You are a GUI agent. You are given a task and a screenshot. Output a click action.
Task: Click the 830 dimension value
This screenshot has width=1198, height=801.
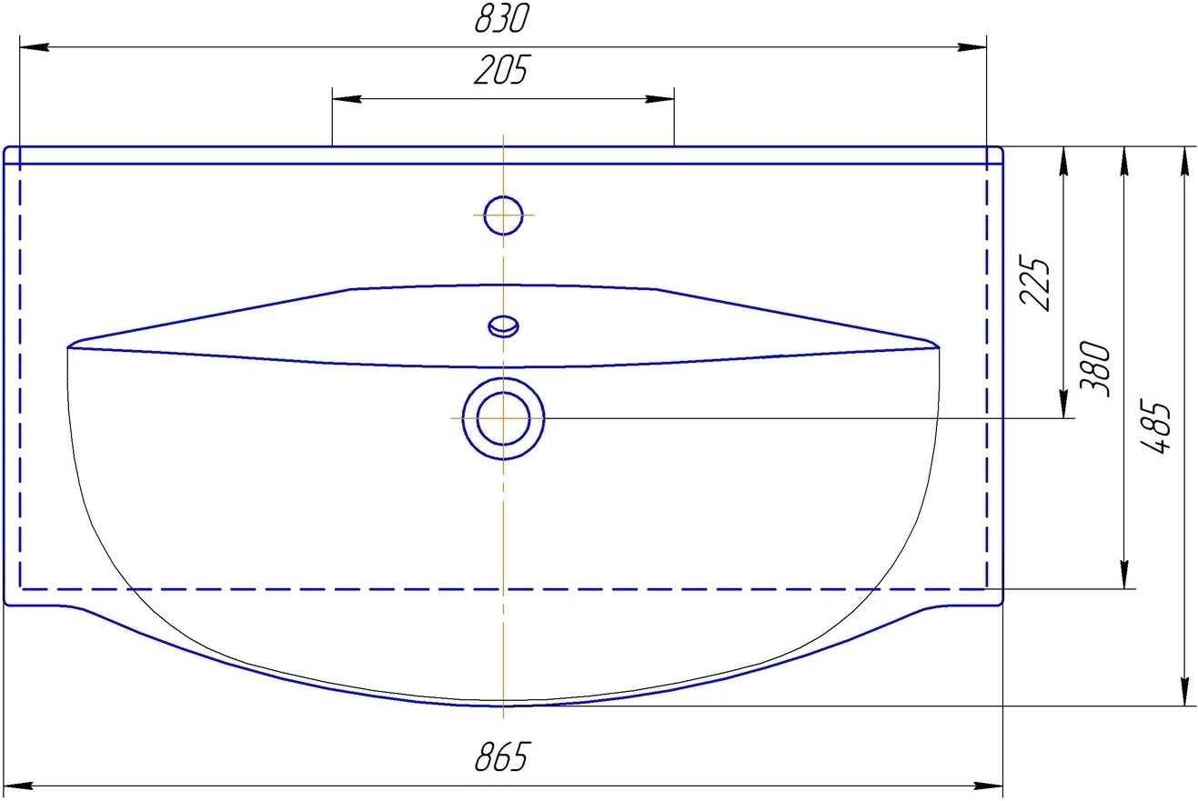[501, 19]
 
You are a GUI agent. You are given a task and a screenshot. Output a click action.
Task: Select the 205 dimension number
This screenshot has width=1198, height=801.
[501, 70]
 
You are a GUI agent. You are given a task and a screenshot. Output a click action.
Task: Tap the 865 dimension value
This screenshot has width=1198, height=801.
[501, 757]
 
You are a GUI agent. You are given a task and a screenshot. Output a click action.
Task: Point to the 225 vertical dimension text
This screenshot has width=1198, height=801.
[1034, 283]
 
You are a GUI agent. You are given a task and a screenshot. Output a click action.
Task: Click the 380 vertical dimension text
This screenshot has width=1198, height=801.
[1095, 369]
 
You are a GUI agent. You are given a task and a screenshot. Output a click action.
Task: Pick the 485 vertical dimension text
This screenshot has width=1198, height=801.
[1155, 426]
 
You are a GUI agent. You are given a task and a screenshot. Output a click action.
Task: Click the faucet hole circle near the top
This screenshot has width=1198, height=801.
[503, 215]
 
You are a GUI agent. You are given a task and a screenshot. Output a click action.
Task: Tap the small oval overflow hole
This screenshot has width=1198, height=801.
[503, 326]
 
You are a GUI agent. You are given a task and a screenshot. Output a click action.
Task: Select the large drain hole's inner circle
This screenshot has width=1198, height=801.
[503, 418]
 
